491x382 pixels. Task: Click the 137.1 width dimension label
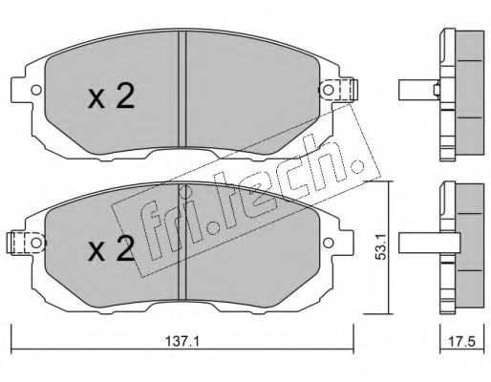point(182,342)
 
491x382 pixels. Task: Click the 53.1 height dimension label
point(380,246)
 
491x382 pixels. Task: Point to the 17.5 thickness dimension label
point(461,342)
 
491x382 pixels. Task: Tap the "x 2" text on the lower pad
point(111,248)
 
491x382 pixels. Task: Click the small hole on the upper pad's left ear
point(36,90)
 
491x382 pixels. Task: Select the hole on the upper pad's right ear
point(328,90)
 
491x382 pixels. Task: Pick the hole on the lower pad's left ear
point(36,244)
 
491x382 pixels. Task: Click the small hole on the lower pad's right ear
point(328,244)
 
